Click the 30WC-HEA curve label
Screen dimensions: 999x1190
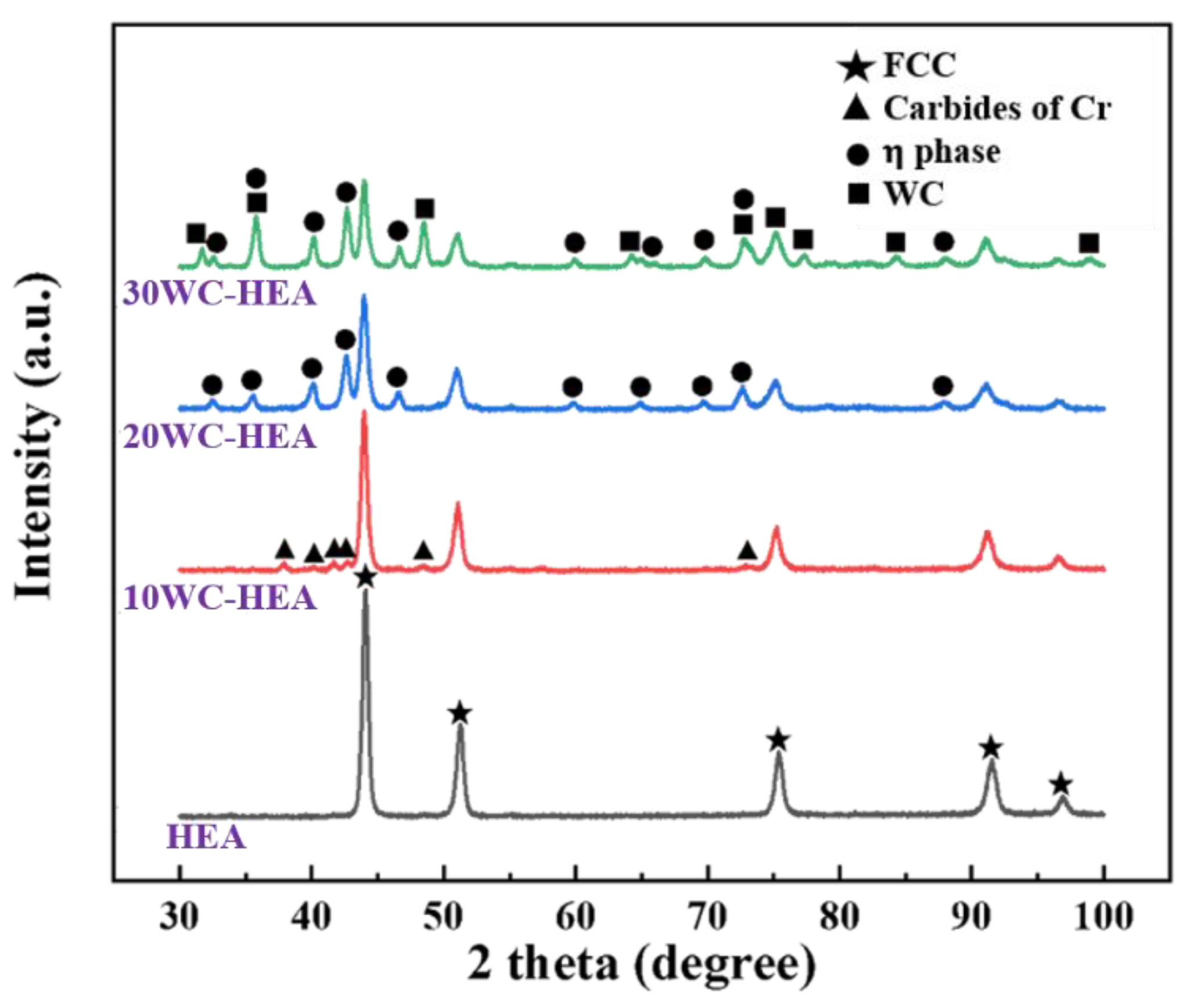click(220, 293)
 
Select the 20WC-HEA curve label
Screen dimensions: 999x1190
click(220, 436)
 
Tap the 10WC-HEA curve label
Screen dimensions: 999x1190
click(220, 598)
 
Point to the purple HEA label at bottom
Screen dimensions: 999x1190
click(206, 838)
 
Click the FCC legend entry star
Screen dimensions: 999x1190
click(856, 66)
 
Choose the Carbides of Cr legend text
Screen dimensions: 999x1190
click(997, 109)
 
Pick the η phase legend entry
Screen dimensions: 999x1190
click(941, 153)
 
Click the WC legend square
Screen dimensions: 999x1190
click(858, 194)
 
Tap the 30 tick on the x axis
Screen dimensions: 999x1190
click(179, 917)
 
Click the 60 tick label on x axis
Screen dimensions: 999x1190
click(576, 917)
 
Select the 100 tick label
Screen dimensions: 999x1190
click(1103, 917)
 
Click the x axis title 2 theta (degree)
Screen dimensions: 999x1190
click(641, 964)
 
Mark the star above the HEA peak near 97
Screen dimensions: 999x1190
click(1061, 784)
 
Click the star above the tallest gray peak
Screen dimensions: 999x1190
click(365, 577)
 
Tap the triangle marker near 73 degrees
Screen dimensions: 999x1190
click(747, 549)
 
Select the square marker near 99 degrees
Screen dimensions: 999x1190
click(1089, 243)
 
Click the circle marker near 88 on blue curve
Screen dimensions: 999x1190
click(943, 386)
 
